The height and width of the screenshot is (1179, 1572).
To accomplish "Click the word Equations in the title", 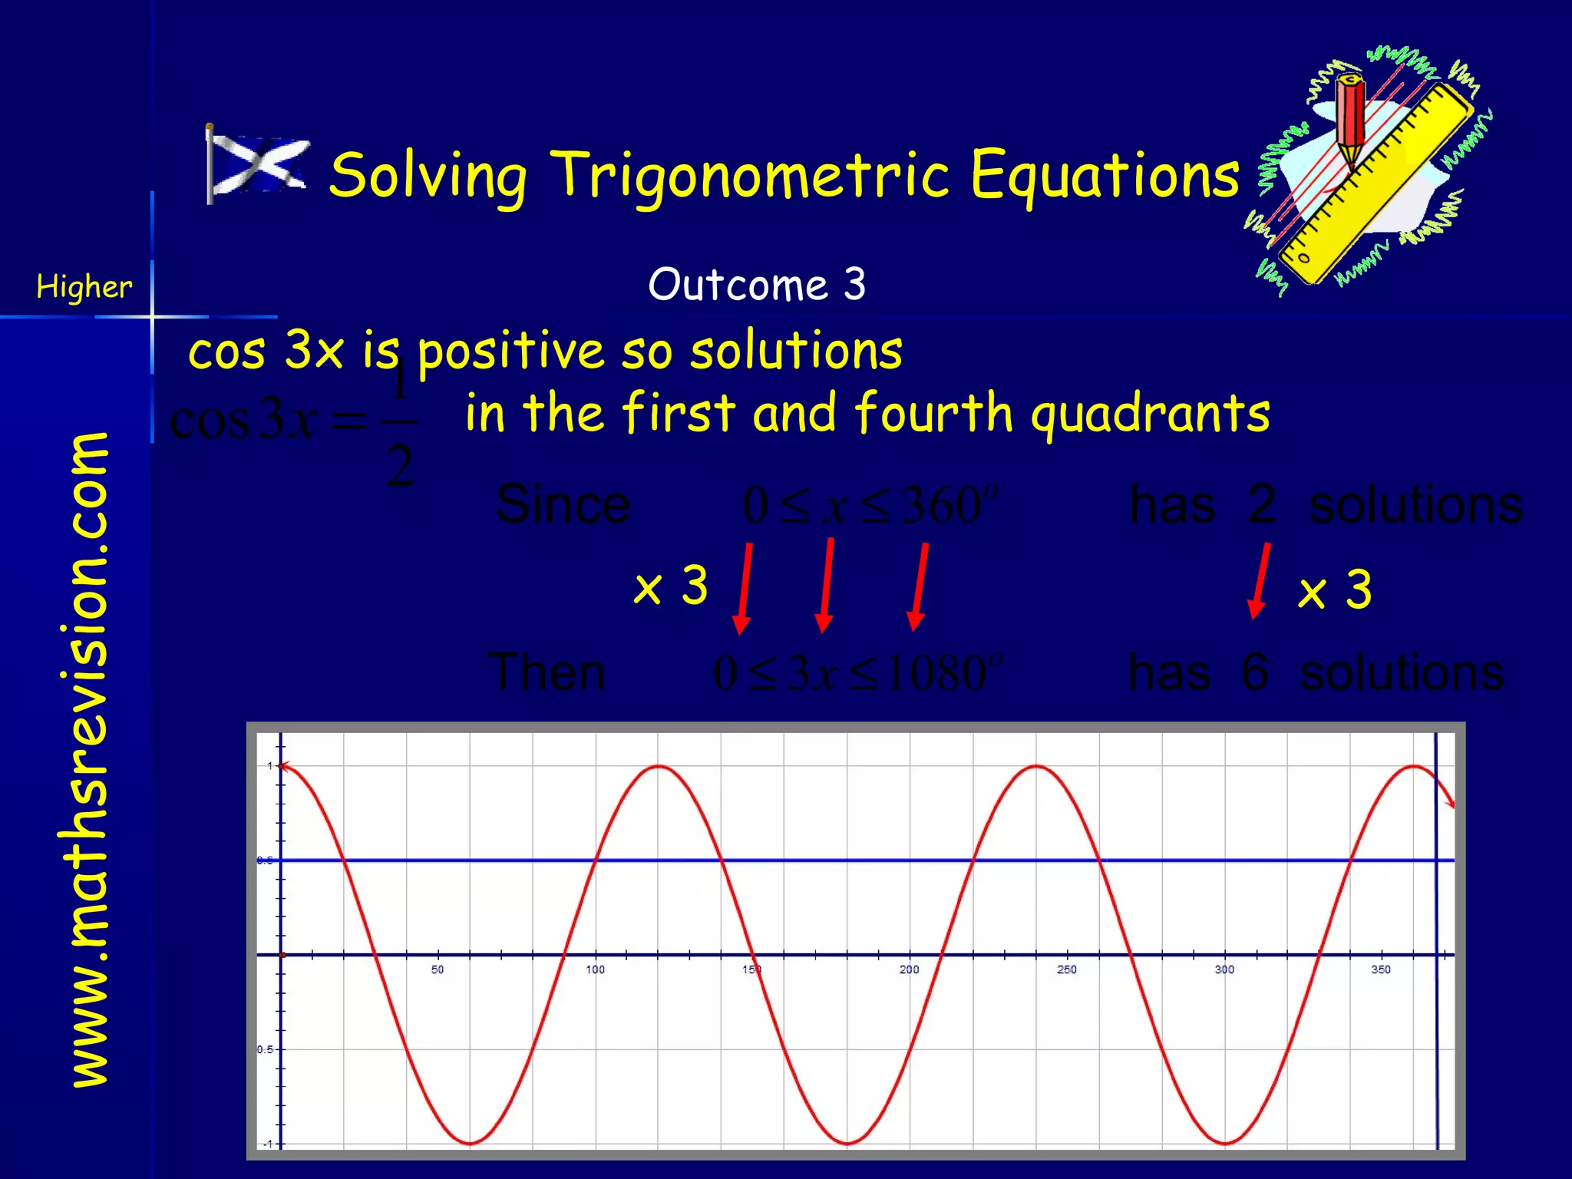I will (x=1105, y=175).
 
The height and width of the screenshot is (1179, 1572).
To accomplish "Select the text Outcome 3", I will (x=757, y=284).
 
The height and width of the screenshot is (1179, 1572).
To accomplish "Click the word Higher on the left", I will (x=84, y=287).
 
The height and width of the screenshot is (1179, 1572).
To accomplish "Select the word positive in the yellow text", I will (x=510, y=352).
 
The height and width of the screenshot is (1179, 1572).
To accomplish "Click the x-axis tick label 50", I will (x=438, y=969).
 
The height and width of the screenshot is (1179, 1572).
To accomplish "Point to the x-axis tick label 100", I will (x=595, y=969).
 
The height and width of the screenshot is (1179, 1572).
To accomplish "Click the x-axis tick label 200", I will (x=910, y=969).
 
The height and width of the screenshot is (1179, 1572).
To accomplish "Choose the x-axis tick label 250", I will (x=1067, y=969).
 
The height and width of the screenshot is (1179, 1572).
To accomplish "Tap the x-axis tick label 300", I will (x=1224, y=969).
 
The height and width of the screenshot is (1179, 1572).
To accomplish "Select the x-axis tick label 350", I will (x=1381, y=969).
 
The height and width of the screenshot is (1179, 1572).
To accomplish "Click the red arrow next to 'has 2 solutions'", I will (x=1260, y=580).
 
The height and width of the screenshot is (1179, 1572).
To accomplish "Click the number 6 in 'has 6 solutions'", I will (x=1254, y=672).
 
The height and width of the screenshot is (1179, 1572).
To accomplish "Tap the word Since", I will (x=563, y=505).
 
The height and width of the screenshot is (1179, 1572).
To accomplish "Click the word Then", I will (x=547, y=672).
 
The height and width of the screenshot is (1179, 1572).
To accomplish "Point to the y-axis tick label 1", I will (x=269, y=766).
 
